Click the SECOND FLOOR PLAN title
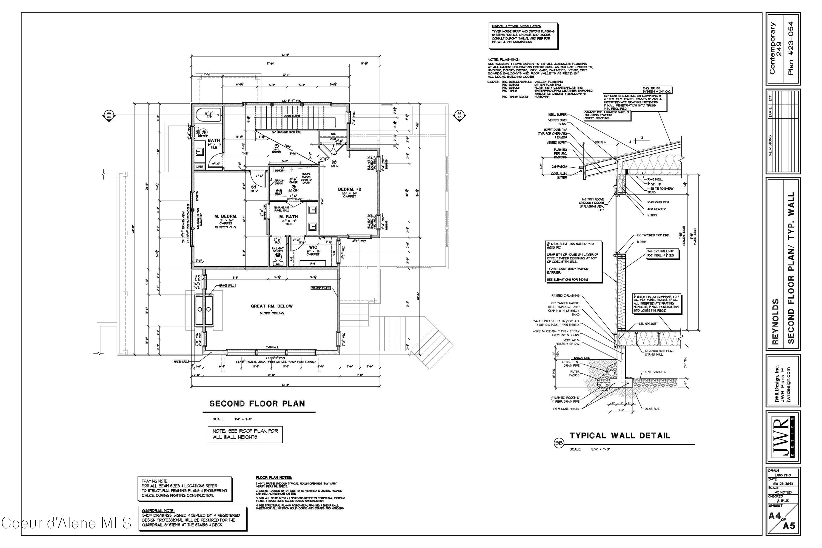pos(257,404)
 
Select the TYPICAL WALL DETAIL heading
pos(620,435)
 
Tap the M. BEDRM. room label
pos(226,216)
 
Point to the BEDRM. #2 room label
pos(350,189)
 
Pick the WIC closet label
pos(313,247)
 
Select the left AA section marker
pos(109,115)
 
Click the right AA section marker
pos(459,115)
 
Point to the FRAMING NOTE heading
pos(155,481)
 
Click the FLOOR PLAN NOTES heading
pos(274,477)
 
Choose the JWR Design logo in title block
pos(783,436)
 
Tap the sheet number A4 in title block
pos(775,516)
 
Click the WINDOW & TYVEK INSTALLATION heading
pos(516,27)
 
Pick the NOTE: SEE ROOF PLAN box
pos(245,434)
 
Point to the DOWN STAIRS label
pos(292,116)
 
